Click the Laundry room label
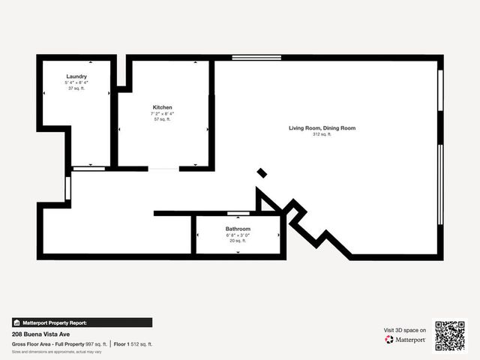pyautogui.click(x=76, y=76)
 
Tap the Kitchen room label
pyautogui.click(x=163, y=107)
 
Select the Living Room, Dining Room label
pyautogui.click(x=322, y=128)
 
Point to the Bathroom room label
pyautogui.click(x=238, y=229)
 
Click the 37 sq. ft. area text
pyautogui.click(x=76, y=88)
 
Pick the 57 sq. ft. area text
pyautogui.click(x=163, y=119)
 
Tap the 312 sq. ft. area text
pyautogui.click(x=322, y=134)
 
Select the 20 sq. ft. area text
pyautogui.click(x=238, y=241)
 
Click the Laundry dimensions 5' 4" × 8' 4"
pyautogui.click(x=76, y=82)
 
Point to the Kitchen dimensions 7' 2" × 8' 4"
pyautogui.click(x=163, y=113)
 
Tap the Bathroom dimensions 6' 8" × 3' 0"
pyautogui.click(x=238, y=235)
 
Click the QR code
pyautogui.click(x=450, y=335)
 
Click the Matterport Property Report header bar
pyautogui.click(x=82, y=322)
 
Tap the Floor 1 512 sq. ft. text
pyautogui.click(x=133, y=343)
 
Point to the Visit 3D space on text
pyautogui.click(x=405, y=330)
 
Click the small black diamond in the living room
pyautogui.click(x=262, y=173)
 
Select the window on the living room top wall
pyautogui.click(x=256, y=58)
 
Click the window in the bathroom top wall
pyautogui.click(x=238, y=214)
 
